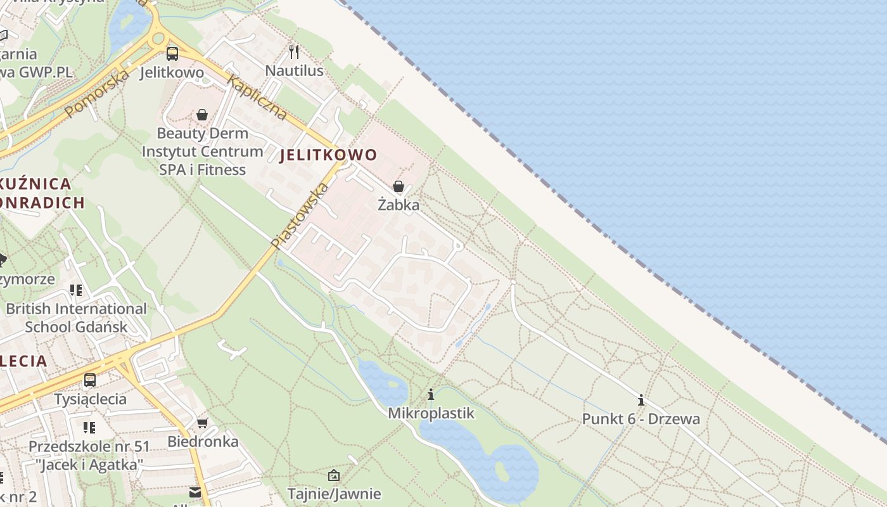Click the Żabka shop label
[x=399, y=205]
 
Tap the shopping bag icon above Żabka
[x=399, y=186]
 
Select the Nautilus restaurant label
[x=294, y=70]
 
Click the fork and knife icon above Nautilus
[x=293, y=51]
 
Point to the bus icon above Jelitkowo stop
[x=172, y=54]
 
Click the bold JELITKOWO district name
[x=328, y=155]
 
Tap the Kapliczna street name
[x=257, y=98]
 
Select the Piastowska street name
[x=300, y=215]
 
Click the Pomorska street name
[x=97, y=93]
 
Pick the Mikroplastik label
[x=431, y=413]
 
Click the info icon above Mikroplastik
[x=431, y=395]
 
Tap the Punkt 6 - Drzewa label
[x=641, y=418]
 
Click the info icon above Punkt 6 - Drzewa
[x=641, y=400]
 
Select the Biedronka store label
[x=203, y=441]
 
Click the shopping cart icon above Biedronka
[x=202, y=423]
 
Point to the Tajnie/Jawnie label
[x=334, y=493]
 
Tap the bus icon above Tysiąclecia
[x=90, y=380]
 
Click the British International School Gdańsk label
[x=76, y=318]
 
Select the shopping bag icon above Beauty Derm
[x=201, y=115]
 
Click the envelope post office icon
[x=195, y=492]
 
